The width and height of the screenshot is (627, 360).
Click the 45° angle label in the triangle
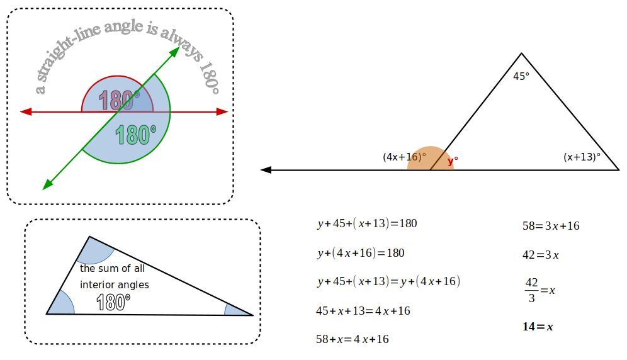521,76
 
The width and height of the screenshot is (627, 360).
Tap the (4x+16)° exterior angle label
404,157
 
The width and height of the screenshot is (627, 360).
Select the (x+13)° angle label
582,157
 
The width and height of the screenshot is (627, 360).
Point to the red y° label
452,161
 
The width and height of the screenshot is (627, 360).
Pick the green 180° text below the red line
135,135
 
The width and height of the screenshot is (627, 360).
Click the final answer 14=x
538,327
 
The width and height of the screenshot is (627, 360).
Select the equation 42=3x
541,255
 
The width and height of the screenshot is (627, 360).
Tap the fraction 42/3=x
539,291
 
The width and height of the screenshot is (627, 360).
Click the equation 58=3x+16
551,225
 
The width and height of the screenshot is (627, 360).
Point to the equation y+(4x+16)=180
361,253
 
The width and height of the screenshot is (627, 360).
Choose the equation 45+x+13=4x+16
363,310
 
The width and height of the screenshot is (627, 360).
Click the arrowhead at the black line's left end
266,170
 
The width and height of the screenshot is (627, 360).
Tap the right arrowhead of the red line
222,112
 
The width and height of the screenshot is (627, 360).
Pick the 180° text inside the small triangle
113,302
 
